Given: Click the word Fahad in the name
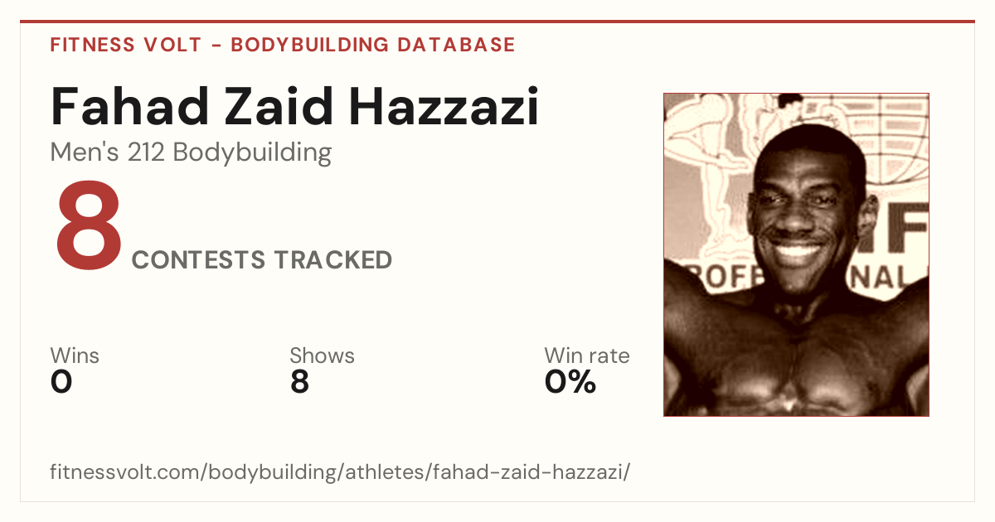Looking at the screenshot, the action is pos(129,107).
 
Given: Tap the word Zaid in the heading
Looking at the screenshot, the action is pos(279,107).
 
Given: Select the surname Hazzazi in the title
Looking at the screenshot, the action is pos(444,107).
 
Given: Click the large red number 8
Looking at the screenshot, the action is pos(89,225).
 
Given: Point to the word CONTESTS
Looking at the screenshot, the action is pos(198,259).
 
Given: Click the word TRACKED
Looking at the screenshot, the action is pos(333,259).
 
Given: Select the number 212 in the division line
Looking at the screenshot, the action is pos(146,152).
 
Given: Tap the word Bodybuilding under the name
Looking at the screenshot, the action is pos(252,153).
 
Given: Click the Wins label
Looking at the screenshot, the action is pos(75,355).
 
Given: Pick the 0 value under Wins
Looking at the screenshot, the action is pos(61,382).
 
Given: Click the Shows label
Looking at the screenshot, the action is pos(322,355).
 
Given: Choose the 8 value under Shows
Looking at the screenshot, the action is pos(299,382).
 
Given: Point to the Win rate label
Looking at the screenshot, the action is pos(587,355).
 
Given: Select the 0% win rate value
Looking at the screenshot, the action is pos(570,382).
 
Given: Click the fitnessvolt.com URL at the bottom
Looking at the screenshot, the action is pos(340,472).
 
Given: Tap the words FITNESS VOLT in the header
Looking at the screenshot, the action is pos(126,45).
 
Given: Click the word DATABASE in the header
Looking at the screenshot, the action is pos(456,45).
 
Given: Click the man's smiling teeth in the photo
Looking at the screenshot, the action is pos(797,252).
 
